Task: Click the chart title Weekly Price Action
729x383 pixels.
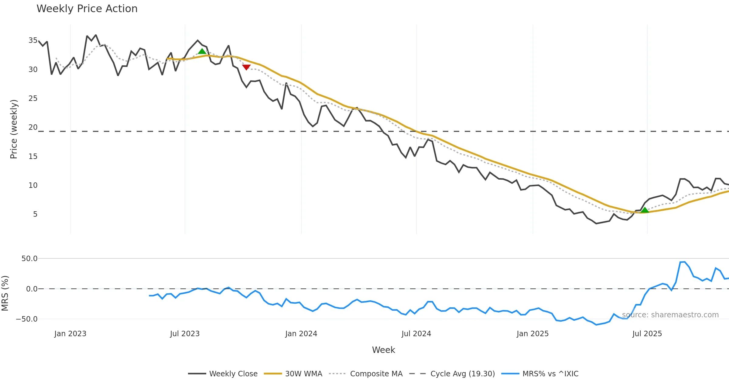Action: click(87, 9)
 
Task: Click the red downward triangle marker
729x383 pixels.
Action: click(246, 67)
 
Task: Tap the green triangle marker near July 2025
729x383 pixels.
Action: click(645, 210)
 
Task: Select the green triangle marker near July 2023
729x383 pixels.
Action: click(202, 51)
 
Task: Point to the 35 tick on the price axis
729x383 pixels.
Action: click(33, 40)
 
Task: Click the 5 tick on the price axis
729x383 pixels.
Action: click(35, 214)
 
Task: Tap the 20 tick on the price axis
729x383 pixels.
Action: click(33, 127)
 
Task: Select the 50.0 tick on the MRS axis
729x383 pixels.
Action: click(29, 259)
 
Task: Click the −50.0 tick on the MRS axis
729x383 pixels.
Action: click(27, 319)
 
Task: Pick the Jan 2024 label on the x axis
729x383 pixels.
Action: click(301, 334)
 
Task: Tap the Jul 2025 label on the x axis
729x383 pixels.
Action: click(647, 334)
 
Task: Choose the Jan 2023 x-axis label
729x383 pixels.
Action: click(70, 334)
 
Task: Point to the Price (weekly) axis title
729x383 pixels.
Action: click(14, 129)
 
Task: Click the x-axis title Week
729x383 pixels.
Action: click(383, 350)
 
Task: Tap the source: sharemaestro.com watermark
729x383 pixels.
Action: click(670, 315)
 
